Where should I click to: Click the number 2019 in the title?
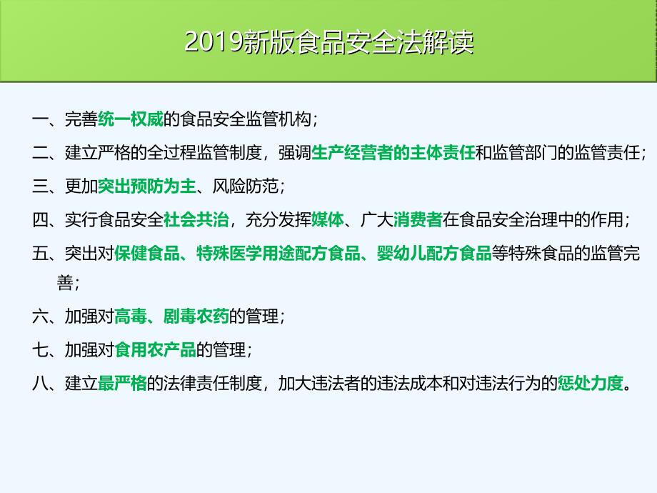tap(214, 42)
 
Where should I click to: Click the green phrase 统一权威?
tap(130, 119)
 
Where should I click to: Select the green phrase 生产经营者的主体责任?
tap(393, 153)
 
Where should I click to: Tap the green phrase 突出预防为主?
tap(146, 186)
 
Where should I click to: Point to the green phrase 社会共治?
tap(196, 219)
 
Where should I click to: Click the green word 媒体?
tap(328, 219)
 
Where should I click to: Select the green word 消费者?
tap(418, 219)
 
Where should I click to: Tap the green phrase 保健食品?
tap(146, 253)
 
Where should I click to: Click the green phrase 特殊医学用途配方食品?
tap(279, 253)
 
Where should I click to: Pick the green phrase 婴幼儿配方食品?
tap(434, 253)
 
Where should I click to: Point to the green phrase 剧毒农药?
tap(196, 316)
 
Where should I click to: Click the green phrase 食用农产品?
tap(155, 349)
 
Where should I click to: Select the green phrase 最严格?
tap(122, 383)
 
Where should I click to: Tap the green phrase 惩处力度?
tap(590, 383)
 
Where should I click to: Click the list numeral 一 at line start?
tap(40, 119)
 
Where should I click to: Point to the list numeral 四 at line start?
tap(40, 219)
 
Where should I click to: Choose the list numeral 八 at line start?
tap(40, 383)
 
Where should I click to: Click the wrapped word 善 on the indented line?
tap(65, 282)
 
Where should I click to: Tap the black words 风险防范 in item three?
tap(245, 186)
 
